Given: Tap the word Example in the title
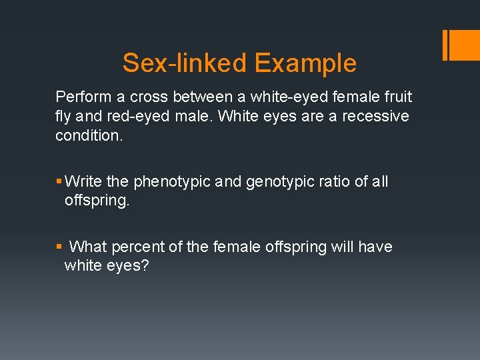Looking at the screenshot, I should coord(305,63).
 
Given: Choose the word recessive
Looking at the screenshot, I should coord(373,117).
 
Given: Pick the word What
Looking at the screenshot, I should coord(88,247).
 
